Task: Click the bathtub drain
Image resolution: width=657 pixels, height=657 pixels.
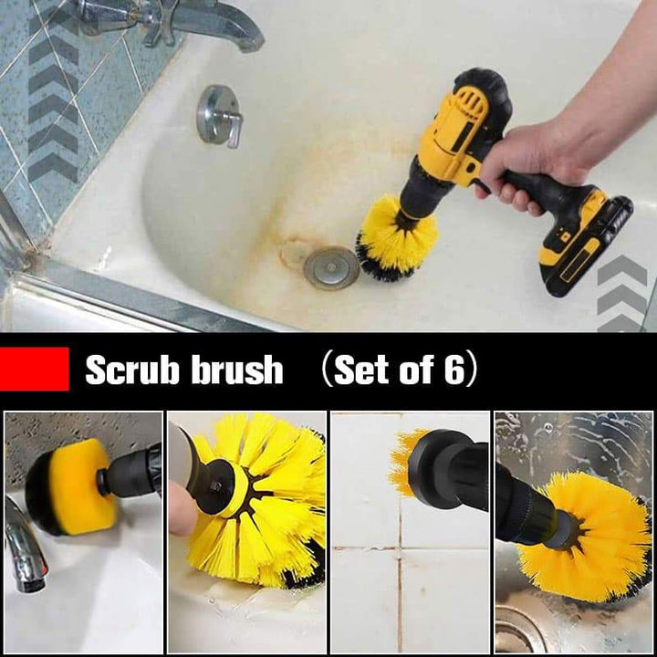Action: point(331,267)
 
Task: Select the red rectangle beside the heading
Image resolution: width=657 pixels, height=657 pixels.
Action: point(35,369)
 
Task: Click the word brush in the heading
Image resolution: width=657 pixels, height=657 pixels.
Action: point(236,369)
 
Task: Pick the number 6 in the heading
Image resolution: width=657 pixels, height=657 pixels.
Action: point(454,369)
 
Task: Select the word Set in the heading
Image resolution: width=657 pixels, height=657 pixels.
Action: point(360,369)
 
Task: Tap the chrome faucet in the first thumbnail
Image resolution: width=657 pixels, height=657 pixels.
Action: point(26,545)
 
